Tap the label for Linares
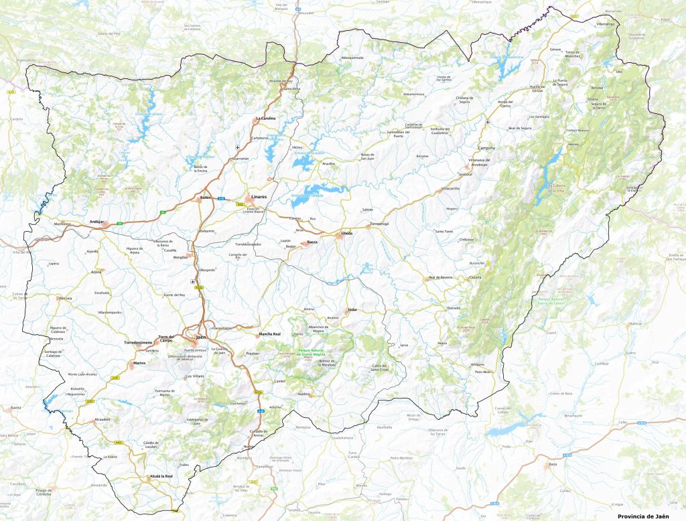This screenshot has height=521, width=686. tap(259, 197)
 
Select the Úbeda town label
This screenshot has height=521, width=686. tap(346, 233)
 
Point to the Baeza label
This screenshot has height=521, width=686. tap(312, 242)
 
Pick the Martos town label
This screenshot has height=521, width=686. tap(139, 363)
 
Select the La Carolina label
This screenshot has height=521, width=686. tap(266, 118)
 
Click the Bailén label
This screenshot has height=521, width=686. tap(206, 198)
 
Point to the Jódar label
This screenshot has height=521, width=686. tap(352, 311)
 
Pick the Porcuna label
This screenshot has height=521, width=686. tap(66, 298)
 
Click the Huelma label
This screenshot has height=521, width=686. tap(304, 394)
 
